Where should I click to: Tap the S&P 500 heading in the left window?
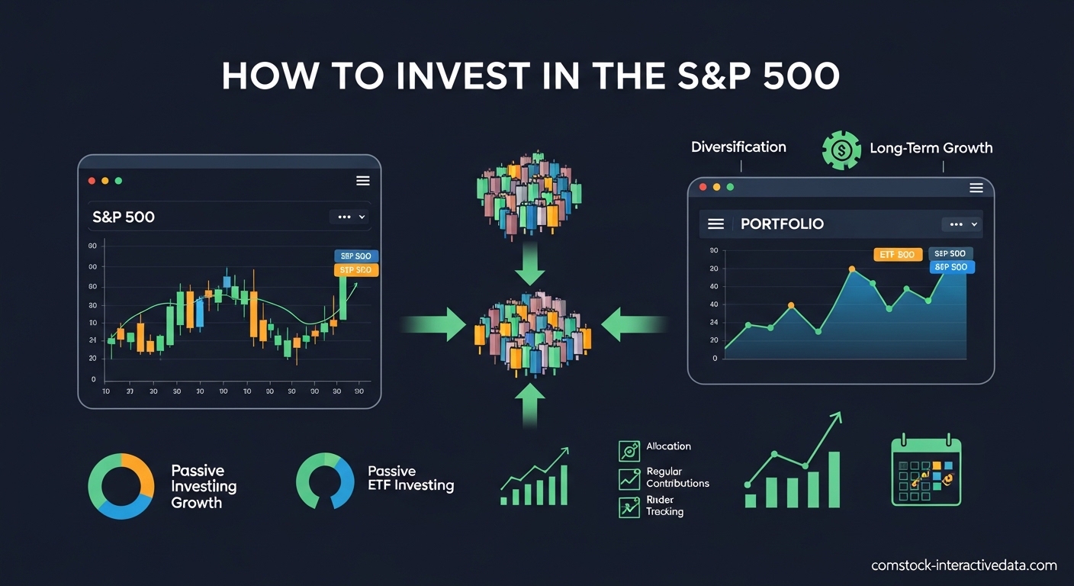click(x=124, y=217)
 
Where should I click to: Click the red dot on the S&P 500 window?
click(x=92, y=181)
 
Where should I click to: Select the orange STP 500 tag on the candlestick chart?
click(x=356, y=270)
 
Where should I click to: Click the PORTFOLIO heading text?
click(x=782, y=224)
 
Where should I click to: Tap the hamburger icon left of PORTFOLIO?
click(x=715, y=224)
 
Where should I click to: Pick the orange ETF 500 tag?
click(x=897, y=255)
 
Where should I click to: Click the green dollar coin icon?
click(x=841, y=150)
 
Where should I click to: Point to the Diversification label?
click(x=738, y=147)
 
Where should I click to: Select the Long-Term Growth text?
click(x=931, y=148)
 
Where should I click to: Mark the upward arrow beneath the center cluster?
click(x=529, y=404)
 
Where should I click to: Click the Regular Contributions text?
click(x=677, y=478)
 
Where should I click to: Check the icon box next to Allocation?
click(x=629, y=451)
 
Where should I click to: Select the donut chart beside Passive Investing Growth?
click(x=121, y=486)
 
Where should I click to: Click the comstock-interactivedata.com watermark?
click(x=964, y=565)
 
